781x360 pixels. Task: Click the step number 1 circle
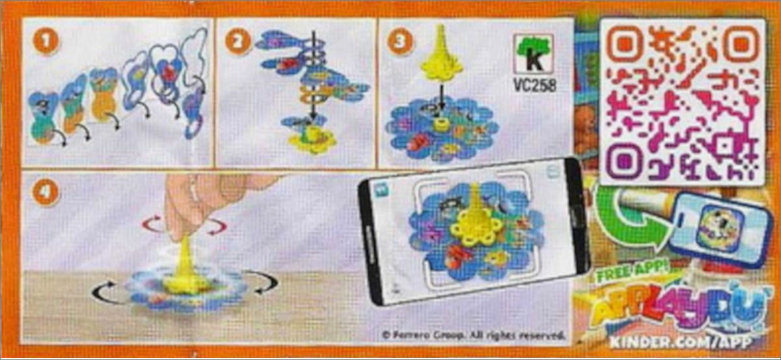pyautogui.click(x=46, y=41)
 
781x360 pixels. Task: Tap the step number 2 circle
pyautogui.click(x=238, y=41)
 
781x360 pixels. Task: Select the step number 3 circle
pyautogui.click(x=400, y=41)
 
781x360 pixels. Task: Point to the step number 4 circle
pyautogui.click(x=46, y=192)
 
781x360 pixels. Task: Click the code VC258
pyautogui.click(x=535, y=85)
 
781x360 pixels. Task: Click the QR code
pyautogui.click(x=682, y=102)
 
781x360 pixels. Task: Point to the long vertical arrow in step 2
pyautogui.click(x=314, y=76)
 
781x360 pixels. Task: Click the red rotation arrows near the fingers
pyautogui.click(x=184, y=225)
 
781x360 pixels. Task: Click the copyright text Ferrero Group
pyautogui.click(x=473, y=335)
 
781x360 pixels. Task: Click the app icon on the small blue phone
pyautogui.click(x=719, y=227)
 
